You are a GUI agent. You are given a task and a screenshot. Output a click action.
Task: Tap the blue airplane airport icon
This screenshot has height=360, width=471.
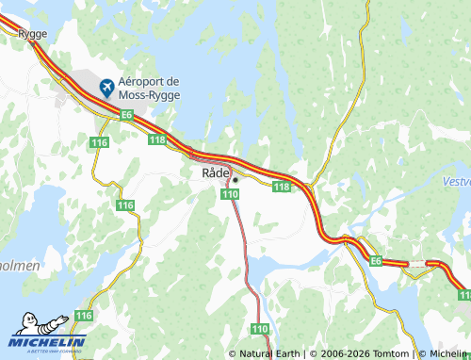(x=107, y=88)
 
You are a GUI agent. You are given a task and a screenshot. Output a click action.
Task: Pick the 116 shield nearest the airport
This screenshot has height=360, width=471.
(x=100, y=142)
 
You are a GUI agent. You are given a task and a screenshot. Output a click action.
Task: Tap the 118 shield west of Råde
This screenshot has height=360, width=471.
(x=156, y=139)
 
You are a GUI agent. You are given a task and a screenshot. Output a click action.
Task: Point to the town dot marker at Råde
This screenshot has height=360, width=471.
(x=235, y=179)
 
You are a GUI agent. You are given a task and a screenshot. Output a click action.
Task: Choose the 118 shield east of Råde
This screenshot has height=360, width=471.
(x=281, y=188)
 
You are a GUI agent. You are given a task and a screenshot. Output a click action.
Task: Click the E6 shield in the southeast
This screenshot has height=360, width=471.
(x=375, y=261)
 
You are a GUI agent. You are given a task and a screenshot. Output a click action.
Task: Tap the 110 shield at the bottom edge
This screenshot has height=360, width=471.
(x=260, y=328)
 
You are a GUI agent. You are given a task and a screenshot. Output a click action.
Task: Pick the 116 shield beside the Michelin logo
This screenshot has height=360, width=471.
(x=84, y=316)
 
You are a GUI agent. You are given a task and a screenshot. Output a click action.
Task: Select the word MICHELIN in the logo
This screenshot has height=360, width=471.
(x=54, y=341)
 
